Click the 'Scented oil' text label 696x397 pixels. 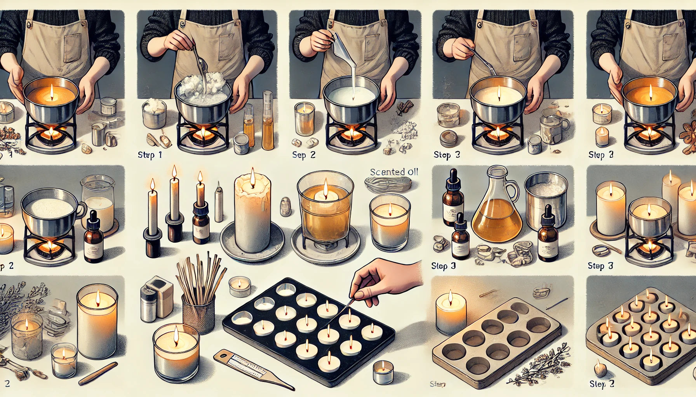click(x=394, y=172)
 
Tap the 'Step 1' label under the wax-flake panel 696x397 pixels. click(x=150, y=155)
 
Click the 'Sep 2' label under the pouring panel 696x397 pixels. click(x=304, y=155)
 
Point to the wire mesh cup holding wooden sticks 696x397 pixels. click(x=198, y=314)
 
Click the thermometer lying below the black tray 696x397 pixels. click(x=252, y=368)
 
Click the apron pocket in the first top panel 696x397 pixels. click(x=72, y=48)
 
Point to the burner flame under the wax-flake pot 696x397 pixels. click(x=202, y=134)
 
